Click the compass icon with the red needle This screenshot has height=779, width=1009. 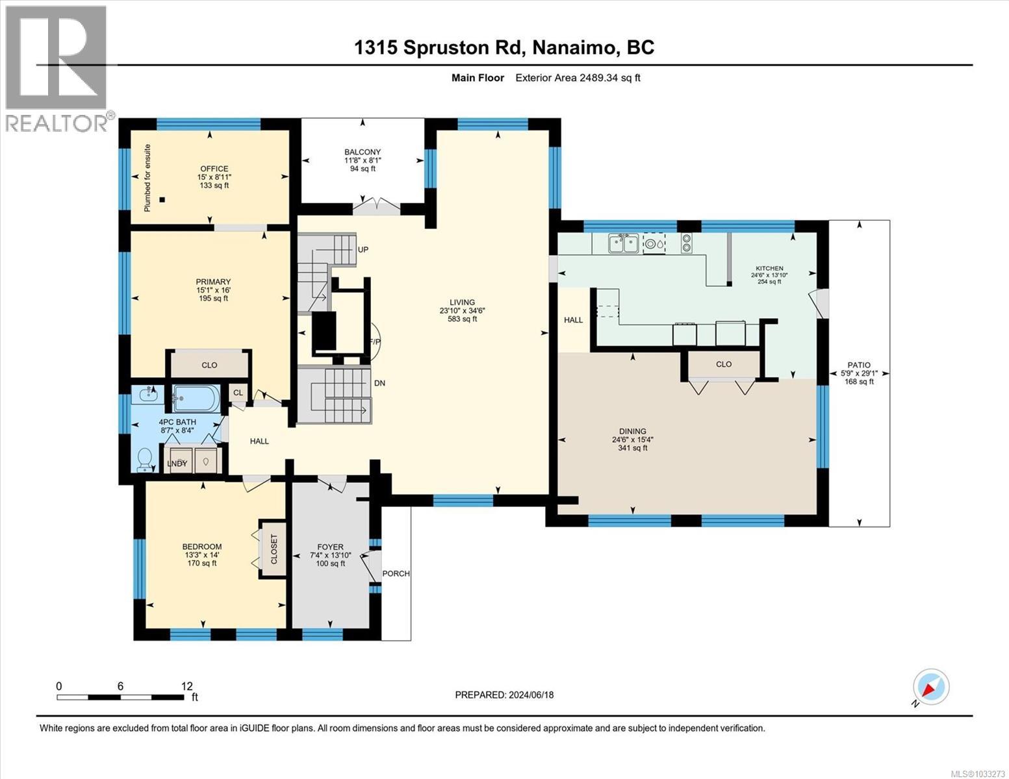(x=930, y=687)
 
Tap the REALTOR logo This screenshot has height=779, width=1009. (x=57, y=68)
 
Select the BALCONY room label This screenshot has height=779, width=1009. (x=362, y=152)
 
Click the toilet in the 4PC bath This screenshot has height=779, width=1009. (x=144, y=459)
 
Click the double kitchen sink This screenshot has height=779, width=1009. (x=623, y=243)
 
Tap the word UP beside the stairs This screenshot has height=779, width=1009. (x=363, y=249)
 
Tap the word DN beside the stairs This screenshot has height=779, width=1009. (x=379, y=383)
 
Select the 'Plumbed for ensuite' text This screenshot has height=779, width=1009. (x=147, y=177)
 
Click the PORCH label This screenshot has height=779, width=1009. (x=396, y=573)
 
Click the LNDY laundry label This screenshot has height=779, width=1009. (x=177, y=464)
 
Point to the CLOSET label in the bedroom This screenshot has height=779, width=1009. (x=274, y=549)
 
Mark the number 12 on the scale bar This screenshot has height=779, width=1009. (x=187, y=686)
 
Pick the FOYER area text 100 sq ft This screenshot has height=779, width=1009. (x=330, y=563)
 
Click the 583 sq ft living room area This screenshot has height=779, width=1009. (x=462, y=319)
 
